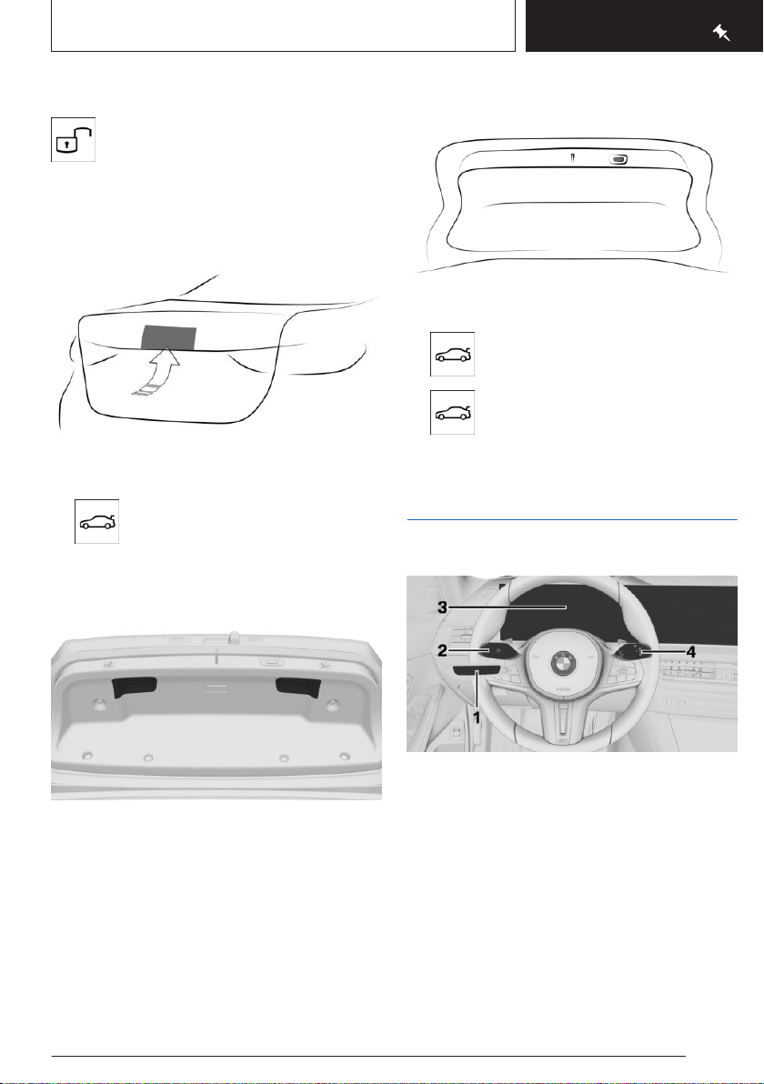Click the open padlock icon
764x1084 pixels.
point(74,139)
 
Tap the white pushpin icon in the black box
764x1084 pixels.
point(722,33)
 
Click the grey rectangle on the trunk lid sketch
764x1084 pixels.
point(168,336)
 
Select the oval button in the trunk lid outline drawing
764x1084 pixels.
point(618,160)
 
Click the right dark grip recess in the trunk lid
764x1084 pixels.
point(298,687)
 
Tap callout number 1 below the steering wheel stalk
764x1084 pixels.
point(477,718)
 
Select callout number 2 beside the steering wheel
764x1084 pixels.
point(442,651)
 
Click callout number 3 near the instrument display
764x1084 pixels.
point(442,607)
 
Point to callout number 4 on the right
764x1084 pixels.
point(690,651)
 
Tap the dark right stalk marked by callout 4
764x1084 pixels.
point(630,650)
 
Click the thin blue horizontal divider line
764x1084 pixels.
point(572,519)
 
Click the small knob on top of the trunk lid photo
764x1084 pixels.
point(235,634)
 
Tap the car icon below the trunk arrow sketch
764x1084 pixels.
point(96,521)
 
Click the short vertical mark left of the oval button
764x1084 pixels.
point(572,158)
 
